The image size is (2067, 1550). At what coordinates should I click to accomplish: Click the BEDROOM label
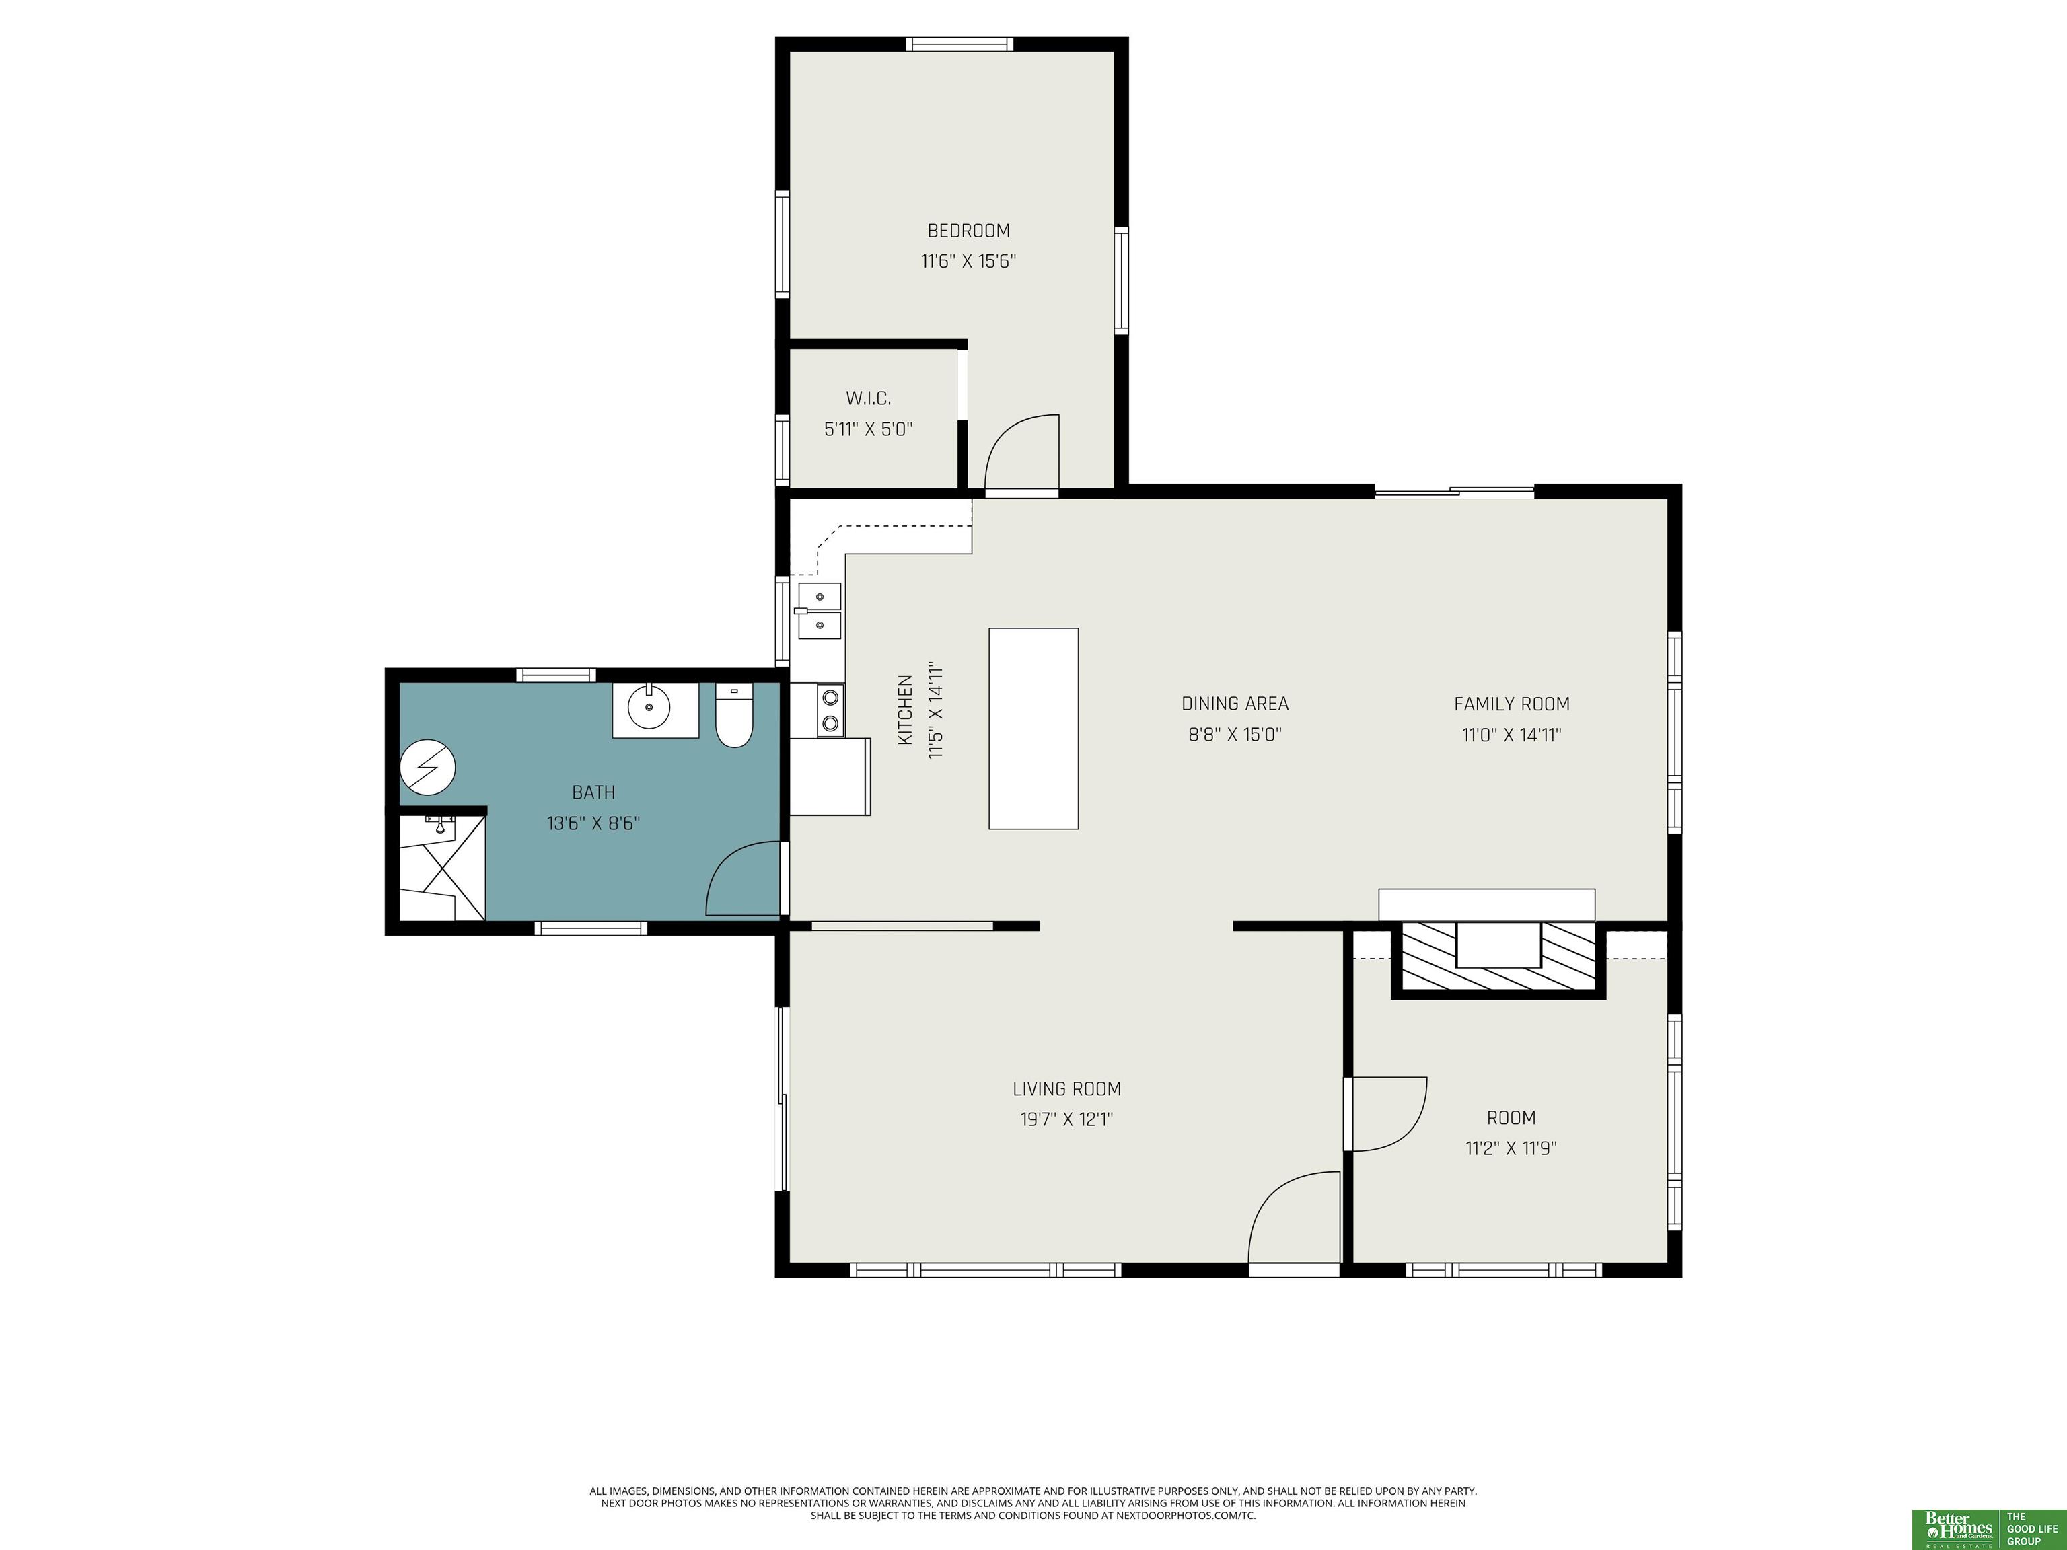968,231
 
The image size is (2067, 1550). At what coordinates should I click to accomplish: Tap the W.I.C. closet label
868,398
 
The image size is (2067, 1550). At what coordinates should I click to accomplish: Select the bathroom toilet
735,716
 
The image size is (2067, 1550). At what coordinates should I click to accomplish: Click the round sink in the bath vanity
649,707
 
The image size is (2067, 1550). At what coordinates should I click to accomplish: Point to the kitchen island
1033,729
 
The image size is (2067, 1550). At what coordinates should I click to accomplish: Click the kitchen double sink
819,611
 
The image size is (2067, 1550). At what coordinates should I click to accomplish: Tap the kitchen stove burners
830,709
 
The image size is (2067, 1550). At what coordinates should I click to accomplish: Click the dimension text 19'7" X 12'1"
1066,1119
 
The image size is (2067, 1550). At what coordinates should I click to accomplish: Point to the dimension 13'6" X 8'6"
593,823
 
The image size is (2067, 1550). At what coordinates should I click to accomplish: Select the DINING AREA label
1235,704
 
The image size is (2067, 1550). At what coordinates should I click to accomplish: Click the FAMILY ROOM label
1511,704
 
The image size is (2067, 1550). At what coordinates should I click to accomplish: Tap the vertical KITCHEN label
904,710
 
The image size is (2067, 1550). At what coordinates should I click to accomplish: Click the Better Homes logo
1958,1528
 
